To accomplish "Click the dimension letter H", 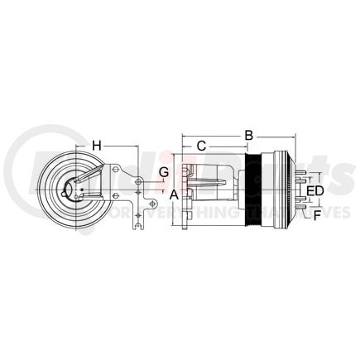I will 96,146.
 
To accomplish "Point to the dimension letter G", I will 164,171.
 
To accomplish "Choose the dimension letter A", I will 174,194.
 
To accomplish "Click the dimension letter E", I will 310,191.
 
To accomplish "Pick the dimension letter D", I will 319,191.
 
